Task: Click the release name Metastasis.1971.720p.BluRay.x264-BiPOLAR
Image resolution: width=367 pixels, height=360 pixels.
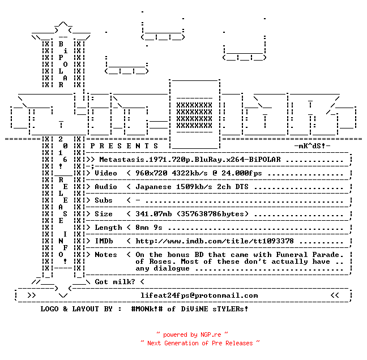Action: (x=190, y=160)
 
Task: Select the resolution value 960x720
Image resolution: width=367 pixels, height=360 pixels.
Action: (x=151, y=173)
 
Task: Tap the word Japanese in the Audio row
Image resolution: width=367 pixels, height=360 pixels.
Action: (x=153, y=187)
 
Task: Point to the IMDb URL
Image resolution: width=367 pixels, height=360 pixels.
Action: (x=215, y=241)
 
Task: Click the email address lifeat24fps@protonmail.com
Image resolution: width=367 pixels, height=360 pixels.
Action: (x=199, y=295)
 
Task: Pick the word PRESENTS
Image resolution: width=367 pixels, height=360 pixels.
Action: (x=124, y=146)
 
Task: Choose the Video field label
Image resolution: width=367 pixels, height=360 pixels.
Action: (x=106, y=173)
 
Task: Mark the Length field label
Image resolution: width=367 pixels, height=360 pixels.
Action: (x=108, y=228)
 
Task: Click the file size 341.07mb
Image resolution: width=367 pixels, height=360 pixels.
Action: (x=153, y=214)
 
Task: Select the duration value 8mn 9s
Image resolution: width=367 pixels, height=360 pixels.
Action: (x=149, y=228)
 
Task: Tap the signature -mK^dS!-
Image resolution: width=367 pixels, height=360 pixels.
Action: (x=312, y=146)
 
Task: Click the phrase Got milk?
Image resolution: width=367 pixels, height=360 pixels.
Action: (x=115, y=282)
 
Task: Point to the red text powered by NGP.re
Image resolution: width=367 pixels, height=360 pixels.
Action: (x=192, y=335)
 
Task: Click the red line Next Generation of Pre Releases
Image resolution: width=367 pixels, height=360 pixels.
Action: (x=200, y=343)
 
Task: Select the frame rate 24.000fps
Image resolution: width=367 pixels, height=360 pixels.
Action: (x=242, y=173)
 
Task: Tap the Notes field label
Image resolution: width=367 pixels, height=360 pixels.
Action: (x=106, y=255)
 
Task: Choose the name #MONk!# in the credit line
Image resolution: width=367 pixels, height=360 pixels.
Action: (x=147, y=309)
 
